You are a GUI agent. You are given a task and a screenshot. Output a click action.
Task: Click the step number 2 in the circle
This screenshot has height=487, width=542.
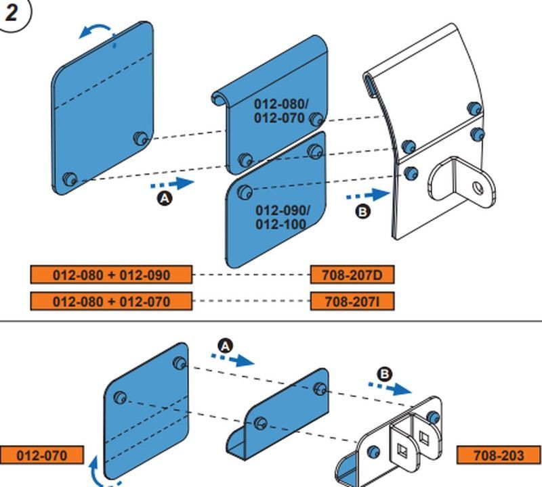11,13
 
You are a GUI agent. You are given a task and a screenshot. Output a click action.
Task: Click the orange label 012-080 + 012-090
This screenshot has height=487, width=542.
111,275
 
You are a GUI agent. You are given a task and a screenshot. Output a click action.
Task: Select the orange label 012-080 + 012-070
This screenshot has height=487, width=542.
111,301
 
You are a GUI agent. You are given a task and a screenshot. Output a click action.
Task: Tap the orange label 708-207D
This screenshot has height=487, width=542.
352,275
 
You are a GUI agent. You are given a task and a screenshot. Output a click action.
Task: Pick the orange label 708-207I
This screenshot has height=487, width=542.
352,301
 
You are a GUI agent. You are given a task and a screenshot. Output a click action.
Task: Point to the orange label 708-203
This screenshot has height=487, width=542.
499,455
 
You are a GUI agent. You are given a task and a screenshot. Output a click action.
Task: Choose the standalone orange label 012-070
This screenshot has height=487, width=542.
42,455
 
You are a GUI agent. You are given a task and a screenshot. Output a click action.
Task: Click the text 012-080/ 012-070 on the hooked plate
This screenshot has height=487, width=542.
281,111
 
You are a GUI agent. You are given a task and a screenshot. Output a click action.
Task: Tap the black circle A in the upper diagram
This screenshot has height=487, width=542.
165,198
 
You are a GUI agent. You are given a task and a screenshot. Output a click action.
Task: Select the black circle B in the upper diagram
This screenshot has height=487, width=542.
362,211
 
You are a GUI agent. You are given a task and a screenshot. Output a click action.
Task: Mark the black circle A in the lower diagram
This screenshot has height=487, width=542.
226,346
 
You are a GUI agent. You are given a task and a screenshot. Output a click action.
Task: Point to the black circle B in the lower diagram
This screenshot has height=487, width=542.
384,374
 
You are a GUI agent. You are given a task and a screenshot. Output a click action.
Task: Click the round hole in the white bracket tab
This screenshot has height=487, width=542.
478,188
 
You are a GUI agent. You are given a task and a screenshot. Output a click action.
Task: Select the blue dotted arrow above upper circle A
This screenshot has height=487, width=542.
173,183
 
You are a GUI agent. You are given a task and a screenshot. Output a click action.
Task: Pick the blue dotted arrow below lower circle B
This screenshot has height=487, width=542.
390,388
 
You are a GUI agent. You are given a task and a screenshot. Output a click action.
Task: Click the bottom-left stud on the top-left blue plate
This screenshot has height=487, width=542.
70,179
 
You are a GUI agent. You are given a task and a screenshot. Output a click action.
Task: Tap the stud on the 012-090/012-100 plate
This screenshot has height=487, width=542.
245,191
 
